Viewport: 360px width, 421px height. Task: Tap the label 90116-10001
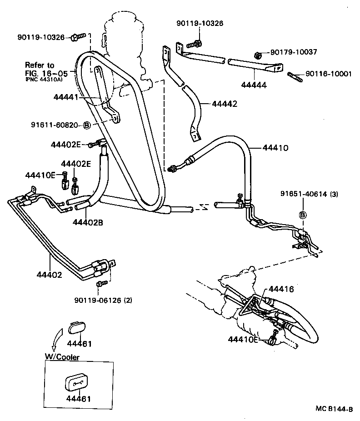pyautogui.click(x=328, y=74)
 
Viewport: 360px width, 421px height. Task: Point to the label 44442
pyautogui.click(x=225, y=104)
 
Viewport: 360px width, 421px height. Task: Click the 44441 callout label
pyautogui.click(x=66, y=97)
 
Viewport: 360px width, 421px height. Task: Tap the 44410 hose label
pyautogui.click(x=275, y=148)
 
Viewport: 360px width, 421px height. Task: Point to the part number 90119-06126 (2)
pyautogui.click(x=103, y=300)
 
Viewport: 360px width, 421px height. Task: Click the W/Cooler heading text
pyautogui.click(x=62, y=357)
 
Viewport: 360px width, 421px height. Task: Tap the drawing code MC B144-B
pyautogui.click(x=334, y=409)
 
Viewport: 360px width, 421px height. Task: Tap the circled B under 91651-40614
pyautogui.click(x=302, y=215)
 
